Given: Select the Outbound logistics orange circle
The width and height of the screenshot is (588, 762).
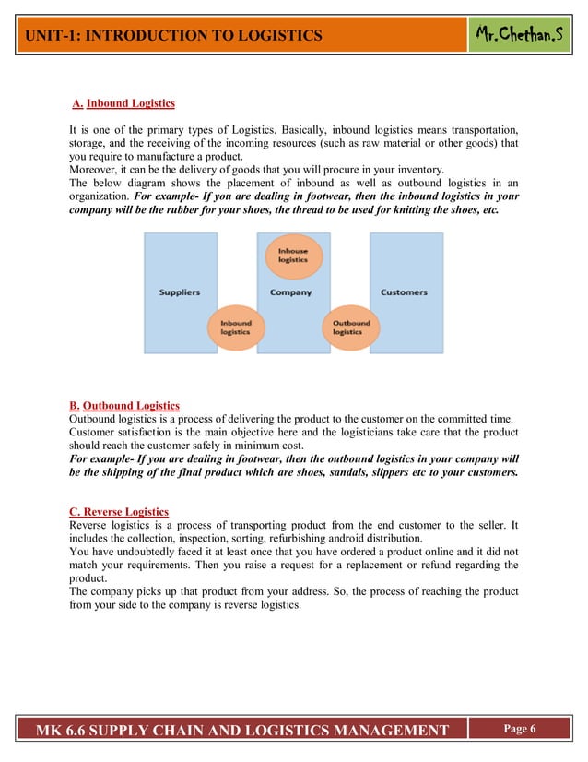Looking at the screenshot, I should point(347,327).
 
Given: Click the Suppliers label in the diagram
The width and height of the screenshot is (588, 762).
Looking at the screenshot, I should point(180,292).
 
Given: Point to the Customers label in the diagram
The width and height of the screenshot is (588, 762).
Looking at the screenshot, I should point(404,292).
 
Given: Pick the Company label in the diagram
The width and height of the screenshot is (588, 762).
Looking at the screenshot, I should point(291,292).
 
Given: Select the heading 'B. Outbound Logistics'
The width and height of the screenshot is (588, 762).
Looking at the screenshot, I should point(124,405).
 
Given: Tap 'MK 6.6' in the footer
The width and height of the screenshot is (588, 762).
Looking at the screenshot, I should point(69,732).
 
